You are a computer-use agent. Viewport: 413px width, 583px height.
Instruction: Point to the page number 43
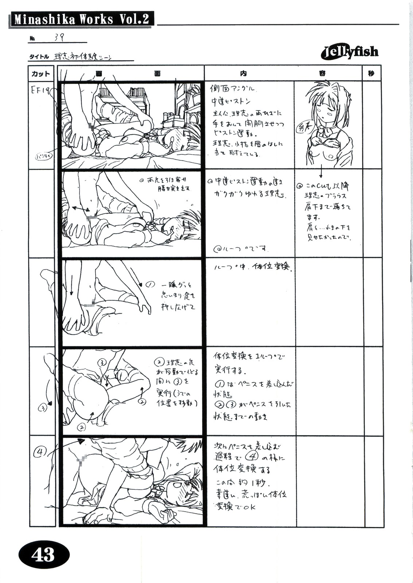tap(43, 554)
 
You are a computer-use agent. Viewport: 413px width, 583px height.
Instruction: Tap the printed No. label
tap(32, 39)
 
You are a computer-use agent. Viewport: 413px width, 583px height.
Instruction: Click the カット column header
tap(41, 74)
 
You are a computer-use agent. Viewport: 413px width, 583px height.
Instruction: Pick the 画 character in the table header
tap(99, 74)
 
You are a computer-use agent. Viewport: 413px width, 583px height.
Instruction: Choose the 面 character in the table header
tap(157, 74)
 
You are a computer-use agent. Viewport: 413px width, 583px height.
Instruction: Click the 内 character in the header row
tap(243, 74)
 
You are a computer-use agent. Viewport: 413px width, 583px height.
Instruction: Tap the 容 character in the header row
tap(322, 74)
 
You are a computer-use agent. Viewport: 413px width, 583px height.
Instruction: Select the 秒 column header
tap(371, 74)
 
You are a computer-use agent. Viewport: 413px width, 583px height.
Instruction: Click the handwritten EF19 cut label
tap(40, 91)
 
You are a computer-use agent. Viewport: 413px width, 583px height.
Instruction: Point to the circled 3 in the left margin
tap(43, 408)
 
